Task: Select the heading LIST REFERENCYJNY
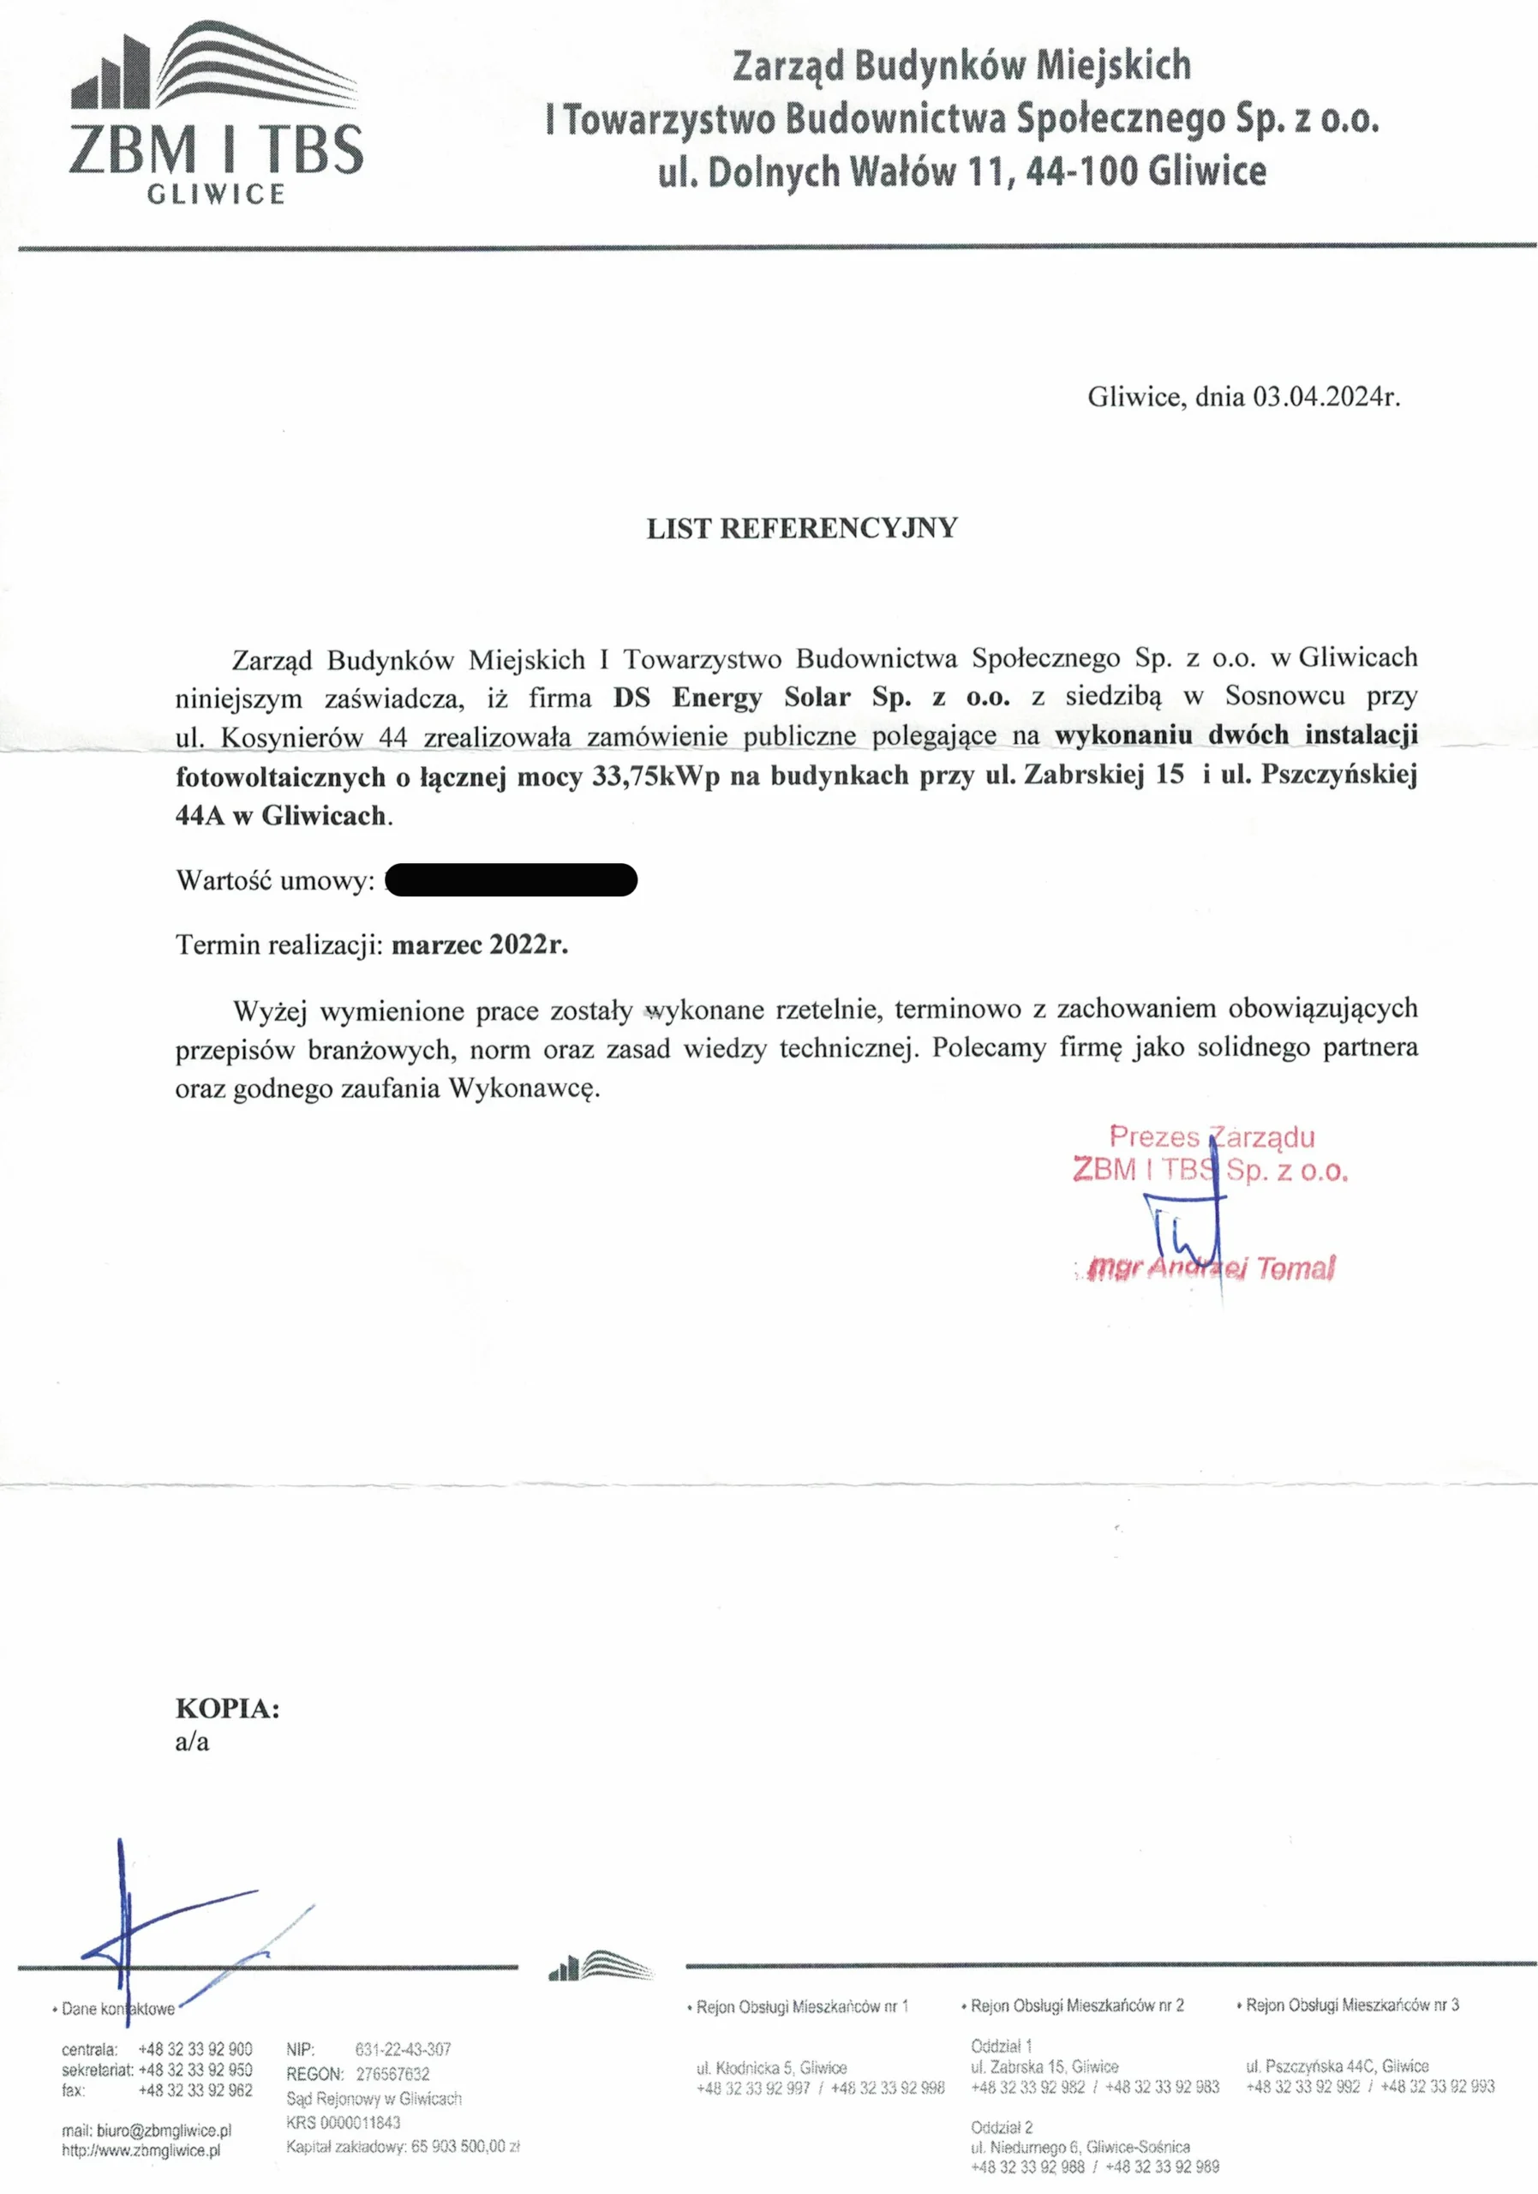801,529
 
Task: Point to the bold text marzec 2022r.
480,945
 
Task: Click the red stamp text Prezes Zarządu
1212,1137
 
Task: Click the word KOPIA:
227,1709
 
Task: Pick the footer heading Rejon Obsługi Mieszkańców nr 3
1352,2005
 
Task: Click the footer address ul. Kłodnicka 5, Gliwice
771,2067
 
